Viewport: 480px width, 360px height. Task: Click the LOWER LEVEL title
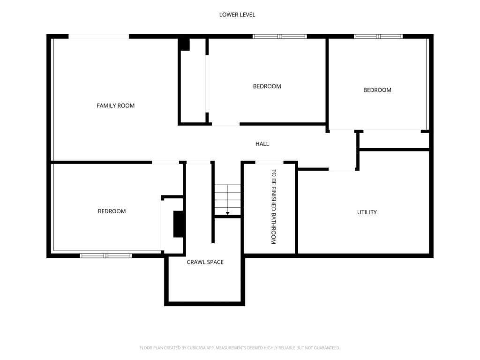[237, 15]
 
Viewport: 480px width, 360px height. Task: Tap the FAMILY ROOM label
[116, 105]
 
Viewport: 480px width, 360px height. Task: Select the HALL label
[262, 144]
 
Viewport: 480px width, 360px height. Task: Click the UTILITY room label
[367, 212]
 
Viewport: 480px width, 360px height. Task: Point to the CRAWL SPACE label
[205, 262]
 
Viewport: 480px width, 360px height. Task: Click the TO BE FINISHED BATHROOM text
[274, 207]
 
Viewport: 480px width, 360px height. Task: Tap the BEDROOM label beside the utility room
[377, 90]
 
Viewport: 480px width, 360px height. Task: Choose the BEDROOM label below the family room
[112, 211]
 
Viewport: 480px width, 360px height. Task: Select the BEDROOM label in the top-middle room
[267, 86]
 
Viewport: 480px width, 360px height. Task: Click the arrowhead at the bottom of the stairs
[228, 213]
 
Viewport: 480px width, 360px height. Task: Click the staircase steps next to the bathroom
[227, 200]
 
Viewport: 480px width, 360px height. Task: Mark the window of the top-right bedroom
[378, 37]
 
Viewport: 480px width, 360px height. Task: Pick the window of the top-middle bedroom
[280, 37]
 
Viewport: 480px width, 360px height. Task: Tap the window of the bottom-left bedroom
[106, 255]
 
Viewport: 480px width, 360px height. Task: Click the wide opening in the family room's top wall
[98, 37]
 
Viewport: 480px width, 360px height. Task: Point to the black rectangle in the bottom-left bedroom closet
[179, 224]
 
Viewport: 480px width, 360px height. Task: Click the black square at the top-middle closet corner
[184, 45]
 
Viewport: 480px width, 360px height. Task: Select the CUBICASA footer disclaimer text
[240, 348]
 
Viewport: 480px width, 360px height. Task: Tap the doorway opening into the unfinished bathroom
[270, 162]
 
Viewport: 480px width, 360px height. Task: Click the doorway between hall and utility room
[342, 169]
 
